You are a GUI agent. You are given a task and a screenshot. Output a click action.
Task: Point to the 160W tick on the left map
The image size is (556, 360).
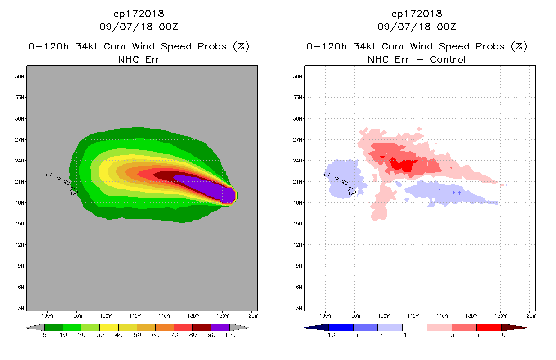(48, 315)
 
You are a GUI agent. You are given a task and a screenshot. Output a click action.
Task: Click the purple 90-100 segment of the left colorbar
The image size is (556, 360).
(220, 327)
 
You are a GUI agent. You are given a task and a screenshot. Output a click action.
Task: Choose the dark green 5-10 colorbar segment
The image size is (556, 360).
(54, 327)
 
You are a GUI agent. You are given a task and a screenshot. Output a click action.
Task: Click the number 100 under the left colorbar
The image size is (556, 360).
(230, 335)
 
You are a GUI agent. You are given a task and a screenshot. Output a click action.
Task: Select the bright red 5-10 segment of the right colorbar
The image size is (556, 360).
(489, 327)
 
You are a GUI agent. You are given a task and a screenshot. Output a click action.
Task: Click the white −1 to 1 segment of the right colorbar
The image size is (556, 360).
(414, 327)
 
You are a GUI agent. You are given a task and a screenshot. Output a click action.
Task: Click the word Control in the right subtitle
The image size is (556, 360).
(448, 59)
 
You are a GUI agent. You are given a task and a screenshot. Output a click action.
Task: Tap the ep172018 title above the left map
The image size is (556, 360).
(139, 13)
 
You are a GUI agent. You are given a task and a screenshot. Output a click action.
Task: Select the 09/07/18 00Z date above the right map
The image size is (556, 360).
(417, 27)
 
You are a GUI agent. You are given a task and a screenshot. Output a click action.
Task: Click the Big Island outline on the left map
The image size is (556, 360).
(74, 191)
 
